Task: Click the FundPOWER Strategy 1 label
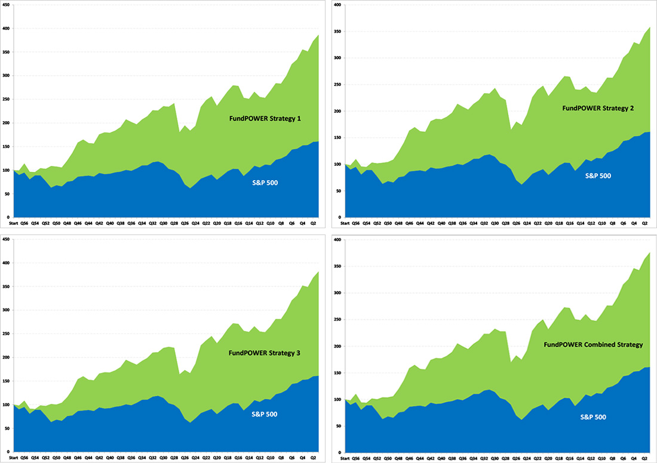265,119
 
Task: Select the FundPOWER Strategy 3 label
264,353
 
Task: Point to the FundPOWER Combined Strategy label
593,345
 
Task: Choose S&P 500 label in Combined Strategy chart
593,417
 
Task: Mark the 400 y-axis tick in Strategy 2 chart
336,5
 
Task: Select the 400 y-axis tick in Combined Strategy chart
336,240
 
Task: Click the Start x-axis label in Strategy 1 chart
13,223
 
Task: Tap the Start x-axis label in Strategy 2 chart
345,223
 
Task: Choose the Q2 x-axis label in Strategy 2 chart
644,223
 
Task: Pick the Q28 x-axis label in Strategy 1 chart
174,223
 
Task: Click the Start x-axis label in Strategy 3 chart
13,458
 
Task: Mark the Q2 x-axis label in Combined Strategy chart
644,458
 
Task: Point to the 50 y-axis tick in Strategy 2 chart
337,191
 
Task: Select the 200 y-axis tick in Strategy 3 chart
6,357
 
